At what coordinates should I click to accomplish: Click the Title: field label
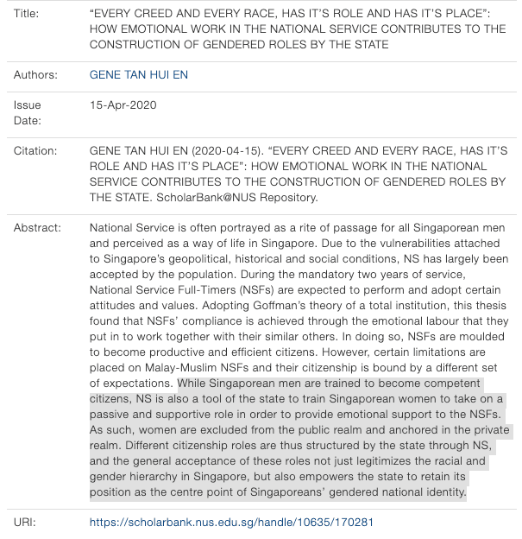[x=28, y=14]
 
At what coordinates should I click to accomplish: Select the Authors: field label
[x=35, y=75]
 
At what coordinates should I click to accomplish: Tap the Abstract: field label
[x=38, y=228]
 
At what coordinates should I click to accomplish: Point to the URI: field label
[x=25, y=523]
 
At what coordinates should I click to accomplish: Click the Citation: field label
[x=36, y=151]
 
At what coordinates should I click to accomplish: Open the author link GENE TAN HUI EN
[x=139, y=75]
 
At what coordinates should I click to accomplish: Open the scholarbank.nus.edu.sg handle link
[x=231, y=523]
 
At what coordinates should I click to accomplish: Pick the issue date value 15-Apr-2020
[x=123, y=105]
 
